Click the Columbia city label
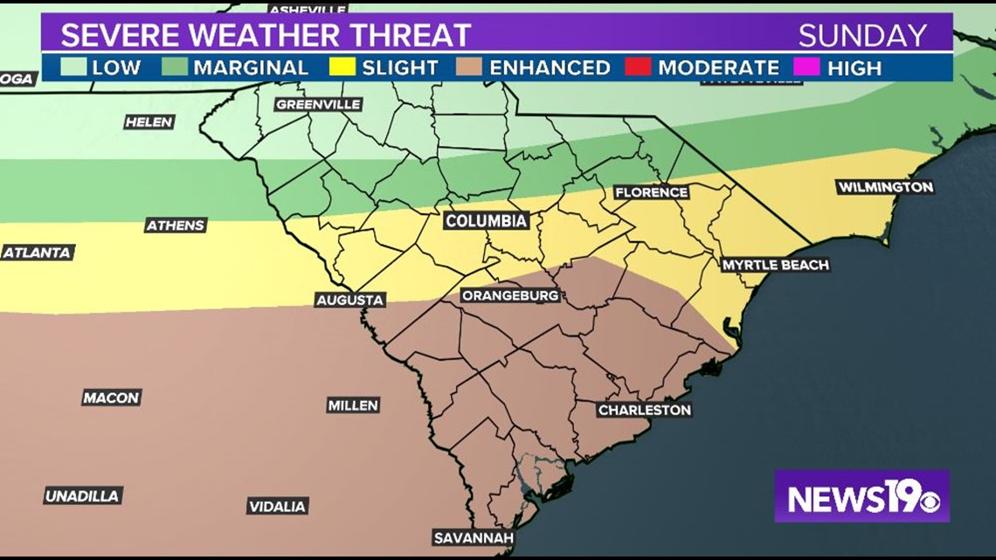coord(486,221)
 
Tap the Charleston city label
coord(645,410)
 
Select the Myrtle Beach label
coord(774,265)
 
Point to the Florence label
coord(651,192)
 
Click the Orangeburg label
coord(510,296)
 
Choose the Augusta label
coord(350,300)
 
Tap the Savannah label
coord(474,537)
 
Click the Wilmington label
coord(885,187)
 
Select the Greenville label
coord(318,104)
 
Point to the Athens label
coord(176,225)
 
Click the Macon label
coord(112,398)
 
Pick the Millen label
coord(353,405)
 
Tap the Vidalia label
coord(277,507)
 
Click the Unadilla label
coord(83,496)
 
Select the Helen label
coord(149,122)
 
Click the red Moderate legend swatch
coord(638,67)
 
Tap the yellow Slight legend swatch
coord(342,67)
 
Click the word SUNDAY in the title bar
coord(861,36)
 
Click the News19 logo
coord(861,496)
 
